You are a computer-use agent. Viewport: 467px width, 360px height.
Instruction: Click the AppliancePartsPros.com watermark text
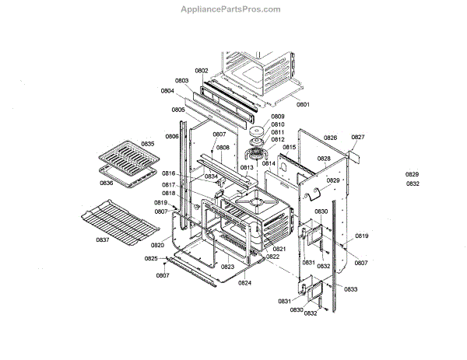[x=230, y=9]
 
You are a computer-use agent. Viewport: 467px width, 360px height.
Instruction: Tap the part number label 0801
[x=303, y=104]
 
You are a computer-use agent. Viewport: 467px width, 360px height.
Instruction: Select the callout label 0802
[x=202, y=71]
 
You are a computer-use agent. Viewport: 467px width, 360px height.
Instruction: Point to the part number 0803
[x=181, y=81]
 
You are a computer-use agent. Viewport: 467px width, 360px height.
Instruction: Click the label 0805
[x=178, y=110]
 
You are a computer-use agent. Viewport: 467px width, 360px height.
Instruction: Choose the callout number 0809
[x=277, y=117]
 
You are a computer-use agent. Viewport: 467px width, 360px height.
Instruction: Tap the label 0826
[x=331, y=138]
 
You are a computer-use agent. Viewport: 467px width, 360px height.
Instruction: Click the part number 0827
[x=357, y=138]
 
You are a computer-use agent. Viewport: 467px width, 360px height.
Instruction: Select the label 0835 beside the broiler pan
[x=148, y=144]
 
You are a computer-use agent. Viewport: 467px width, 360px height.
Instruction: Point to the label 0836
[x=107, y=183]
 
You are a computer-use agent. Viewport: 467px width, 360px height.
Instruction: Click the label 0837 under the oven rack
[x=102, y=239]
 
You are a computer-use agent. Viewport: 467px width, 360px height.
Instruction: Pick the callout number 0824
[x=244, y=283]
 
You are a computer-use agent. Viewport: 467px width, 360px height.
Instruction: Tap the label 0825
[x=151, y=258]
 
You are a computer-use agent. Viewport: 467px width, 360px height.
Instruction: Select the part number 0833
[x=351, y=289]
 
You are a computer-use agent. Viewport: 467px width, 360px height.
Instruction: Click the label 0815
[x=289, y=147]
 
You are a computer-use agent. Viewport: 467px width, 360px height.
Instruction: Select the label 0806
[x=172, y=137]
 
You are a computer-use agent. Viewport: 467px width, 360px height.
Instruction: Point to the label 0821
[x=279, y=249]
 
